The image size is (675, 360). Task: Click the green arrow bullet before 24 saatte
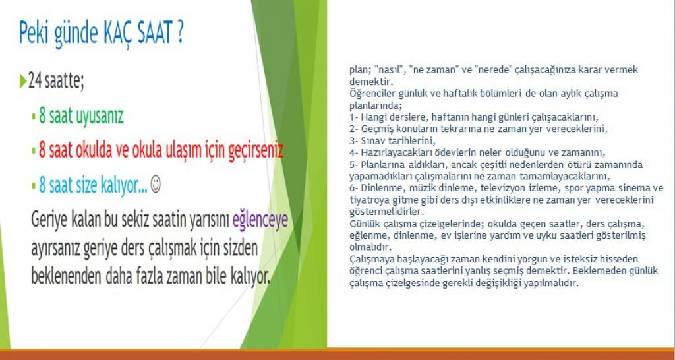click(23, 81)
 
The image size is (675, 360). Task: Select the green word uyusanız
click(100, 116)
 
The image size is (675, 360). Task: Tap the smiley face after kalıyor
click(156, 185)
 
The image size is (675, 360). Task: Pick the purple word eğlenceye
click(260, 220)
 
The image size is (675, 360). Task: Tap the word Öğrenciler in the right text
click(371, 94)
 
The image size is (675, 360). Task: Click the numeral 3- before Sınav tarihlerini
click(354, 141)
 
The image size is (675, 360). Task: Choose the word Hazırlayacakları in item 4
click(392, 153)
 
